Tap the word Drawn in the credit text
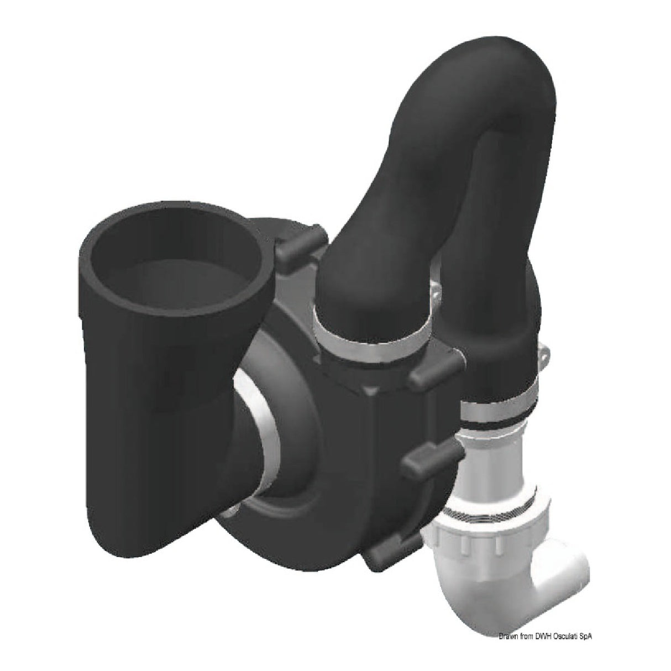pos(507,637)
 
